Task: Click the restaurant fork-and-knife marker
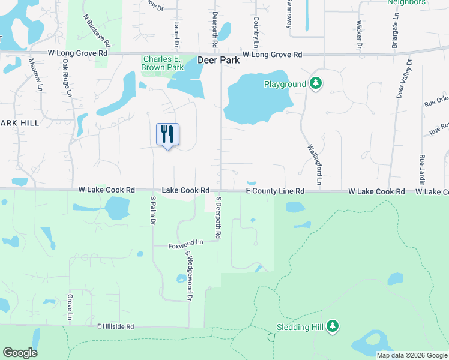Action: click(x=168, y=134)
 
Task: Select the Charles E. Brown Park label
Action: click(x=162, y=63)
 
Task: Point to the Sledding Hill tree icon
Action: click(x=333, y=327)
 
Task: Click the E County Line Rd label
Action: click(x=276, y=191)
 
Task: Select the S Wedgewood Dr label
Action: click(x=188, y=275)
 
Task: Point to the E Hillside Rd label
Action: click(x=115, y=327)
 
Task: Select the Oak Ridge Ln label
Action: click(x=67, y=77)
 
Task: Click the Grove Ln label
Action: click(x=70, y=307)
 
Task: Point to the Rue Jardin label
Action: click(x=421, y=170)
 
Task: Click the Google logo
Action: click(x=20, y=353)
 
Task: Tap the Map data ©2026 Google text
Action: click(x=411, y=355)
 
